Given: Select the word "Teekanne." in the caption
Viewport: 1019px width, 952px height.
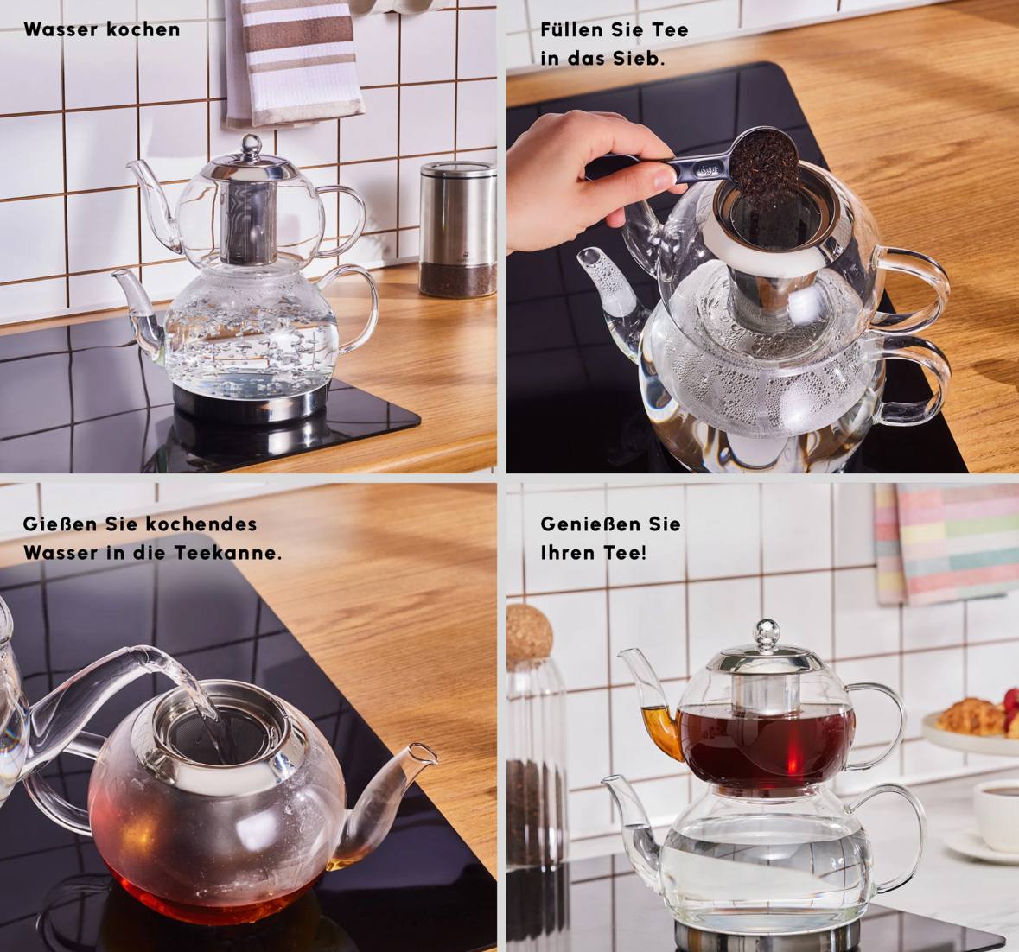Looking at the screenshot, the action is coord(227,553).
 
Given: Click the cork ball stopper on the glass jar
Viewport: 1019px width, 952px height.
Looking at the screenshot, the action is coord(528,634).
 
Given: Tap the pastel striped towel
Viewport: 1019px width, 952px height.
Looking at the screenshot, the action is coord(946,543).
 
